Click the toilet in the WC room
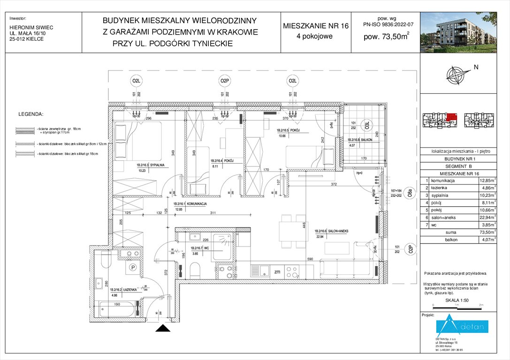click(x=196, y=270)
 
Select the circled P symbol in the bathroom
click(x=133, y=268)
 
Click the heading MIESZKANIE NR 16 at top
click(x=316, y=26)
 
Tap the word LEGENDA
click(x=30, y=114)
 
